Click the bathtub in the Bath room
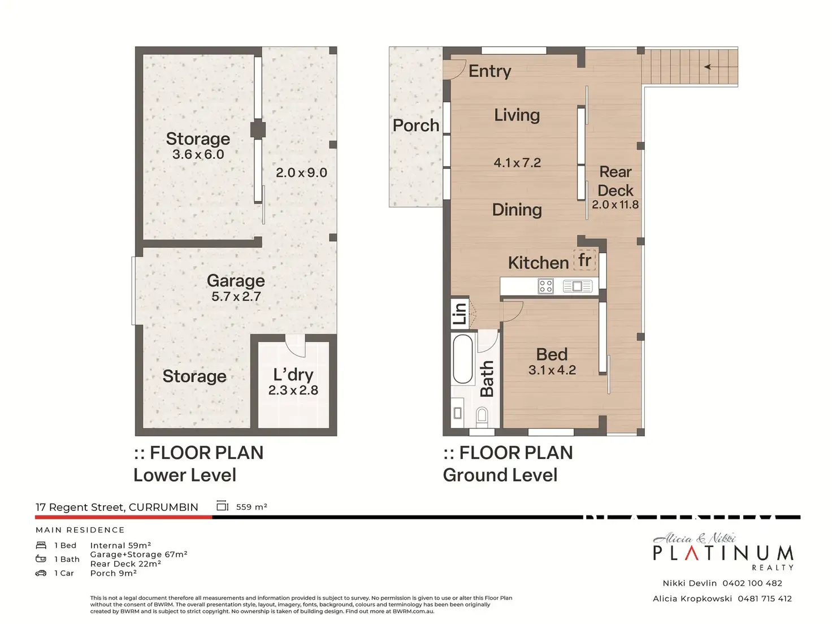(x=462, y=359)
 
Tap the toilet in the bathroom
(x=482, y=414)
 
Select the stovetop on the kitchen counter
(x=545, y=286)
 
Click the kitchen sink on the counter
(x=577, y=286)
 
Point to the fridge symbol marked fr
(x=584, y=260)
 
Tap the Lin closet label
(x=460, y=313)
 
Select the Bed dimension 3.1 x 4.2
(x=552, y=370)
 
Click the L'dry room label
(x=293, y=375)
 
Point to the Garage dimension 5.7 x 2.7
(x=236, y=296)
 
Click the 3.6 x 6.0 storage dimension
(x=198, y=154)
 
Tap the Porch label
(x=416, y=125)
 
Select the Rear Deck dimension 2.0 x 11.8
(x=615, y=205)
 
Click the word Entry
(x=489, y=71)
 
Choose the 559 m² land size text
(x=252, y=506)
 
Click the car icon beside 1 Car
(x=41, y=573)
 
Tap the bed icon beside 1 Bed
(x=41, y=545)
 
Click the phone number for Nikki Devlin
(x=752, y=583)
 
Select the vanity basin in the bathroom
(x=457, y=413)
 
